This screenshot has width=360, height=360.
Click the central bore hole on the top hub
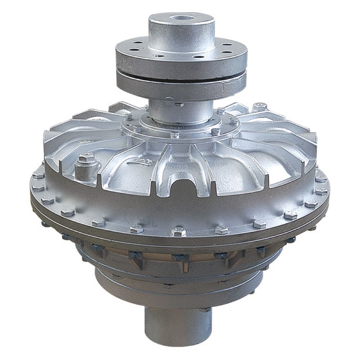(181, 17)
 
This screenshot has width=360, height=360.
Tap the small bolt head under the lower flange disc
(179, 104)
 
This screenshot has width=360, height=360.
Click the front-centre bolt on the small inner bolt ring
(175, 135)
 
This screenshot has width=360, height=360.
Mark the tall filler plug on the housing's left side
(86, 162)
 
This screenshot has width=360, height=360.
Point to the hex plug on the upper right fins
(259, 107)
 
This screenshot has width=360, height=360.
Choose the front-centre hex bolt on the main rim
(178, 230)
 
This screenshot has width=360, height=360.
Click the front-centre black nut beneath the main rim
(179, 259)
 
